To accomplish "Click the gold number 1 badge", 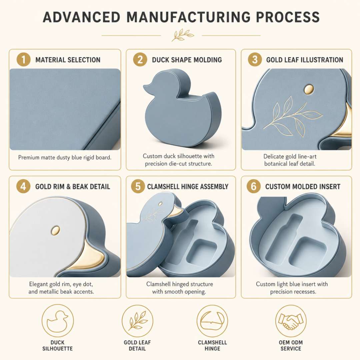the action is click(23, 59).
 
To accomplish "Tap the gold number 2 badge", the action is click(140, 59).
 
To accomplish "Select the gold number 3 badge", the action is click(255, 59).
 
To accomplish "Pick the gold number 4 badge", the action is click(23, 186).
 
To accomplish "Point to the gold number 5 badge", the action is click(138, 186).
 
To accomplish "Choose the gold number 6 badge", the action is click(253, 186).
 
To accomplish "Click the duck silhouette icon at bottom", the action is click(58, 321).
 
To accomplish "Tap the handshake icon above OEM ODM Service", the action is click(291, 321).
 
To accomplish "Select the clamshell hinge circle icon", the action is click(212, 321).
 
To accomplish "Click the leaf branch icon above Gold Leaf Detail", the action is click(137, 321).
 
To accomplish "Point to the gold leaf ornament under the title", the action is click(182, 35).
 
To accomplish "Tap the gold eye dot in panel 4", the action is click(55, 230).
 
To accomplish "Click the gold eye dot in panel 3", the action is click(309, 89).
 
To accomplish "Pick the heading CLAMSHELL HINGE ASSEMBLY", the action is click(188, 186).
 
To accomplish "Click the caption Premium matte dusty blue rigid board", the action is click(65, 157).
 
